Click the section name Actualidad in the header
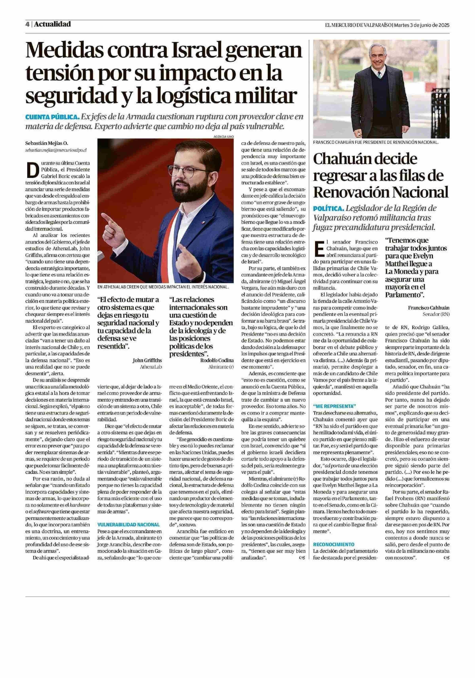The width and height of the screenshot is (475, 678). click(52, 24)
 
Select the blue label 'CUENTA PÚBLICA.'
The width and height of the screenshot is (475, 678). click(52, 117)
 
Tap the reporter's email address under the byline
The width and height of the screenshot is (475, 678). click(56, 150)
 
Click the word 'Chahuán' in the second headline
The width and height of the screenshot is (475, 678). click(344, 160)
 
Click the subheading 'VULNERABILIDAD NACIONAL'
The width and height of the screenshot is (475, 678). click(129, 524)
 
